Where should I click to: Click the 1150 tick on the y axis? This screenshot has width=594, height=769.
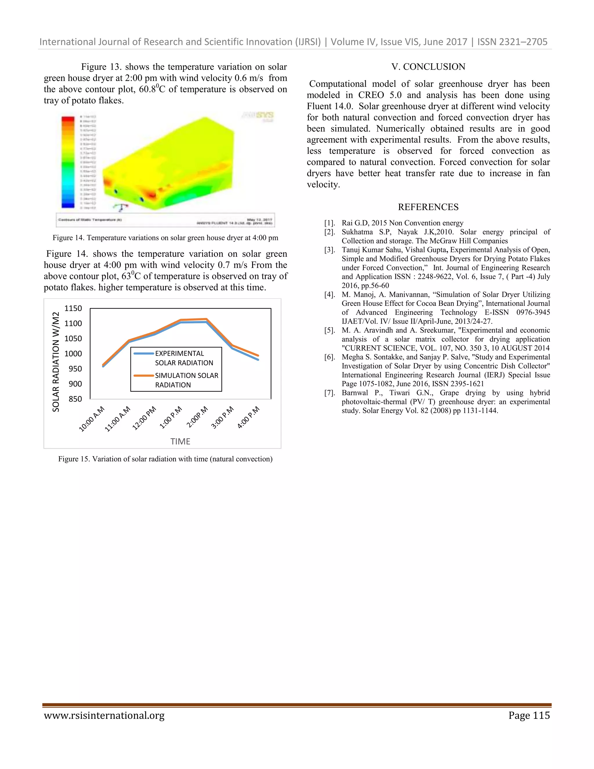73,308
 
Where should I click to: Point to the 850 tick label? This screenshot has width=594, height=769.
75,399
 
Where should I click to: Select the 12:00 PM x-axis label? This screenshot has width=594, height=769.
144,418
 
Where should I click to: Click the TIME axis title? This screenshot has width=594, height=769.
180,442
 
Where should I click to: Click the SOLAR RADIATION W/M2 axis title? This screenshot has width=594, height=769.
56,362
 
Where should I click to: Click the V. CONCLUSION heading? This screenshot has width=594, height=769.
428,67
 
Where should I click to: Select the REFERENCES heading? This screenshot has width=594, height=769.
428,207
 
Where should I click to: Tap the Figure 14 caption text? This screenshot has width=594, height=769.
165,238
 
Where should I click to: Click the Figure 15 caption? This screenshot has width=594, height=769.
165,459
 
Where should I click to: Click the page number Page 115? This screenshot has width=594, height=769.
529,716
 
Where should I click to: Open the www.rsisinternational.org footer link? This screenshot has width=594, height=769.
104,716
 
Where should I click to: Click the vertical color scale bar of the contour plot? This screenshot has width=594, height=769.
68,162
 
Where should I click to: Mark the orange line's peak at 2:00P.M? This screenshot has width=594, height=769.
206,319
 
